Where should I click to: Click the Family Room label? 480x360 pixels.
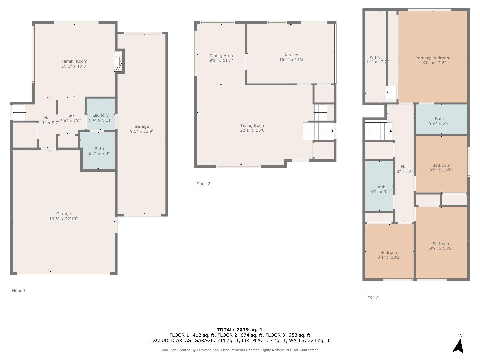click(74, 61)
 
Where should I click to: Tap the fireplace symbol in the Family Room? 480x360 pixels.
click(118, 61)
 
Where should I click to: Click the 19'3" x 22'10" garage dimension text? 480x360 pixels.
click(63, 219)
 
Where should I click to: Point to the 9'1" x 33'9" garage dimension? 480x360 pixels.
click(142, 131)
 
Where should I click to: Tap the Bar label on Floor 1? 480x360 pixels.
click(70, 116)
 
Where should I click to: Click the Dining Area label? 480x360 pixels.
click(221, 56)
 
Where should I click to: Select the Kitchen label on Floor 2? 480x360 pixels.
click(292, 55)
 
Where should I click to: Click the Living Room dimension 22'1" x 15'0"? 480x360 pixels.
click(253, 130)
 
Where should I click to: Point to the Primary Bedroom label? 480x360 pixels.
click(433, 58)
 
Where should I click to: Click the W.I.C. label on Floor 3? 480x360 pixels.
click(376, 57)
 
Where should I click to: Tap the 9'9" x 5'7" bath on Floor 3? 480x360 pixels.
click(439, 121)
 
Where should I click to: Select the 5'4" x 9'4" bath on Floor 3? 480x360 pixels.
click(381, 189)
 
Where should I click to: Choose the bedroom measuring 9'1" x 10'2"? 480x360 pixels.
click(389, 255)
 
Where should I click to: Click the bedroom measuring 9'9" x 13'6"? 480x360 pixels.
click(441, 246)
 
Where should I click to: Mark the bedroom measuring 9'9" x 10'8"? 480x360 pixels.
click(441, 168)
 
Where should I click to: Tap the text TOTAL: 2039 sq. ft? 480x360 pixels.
click(240, 330)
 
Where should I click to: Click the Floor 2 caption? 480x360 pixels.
click(203, 184)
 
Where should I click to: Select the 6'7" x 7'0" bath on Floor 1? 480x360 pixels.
click(99, 151)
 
